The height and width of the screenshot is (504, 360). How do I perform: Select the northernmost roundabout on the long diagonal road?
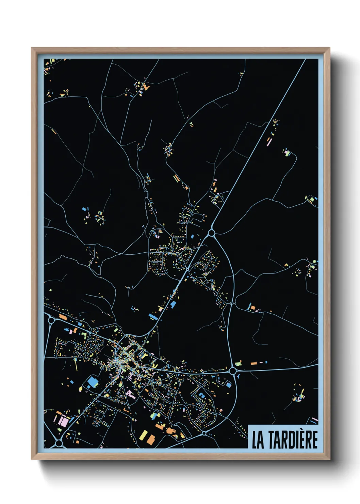pyautogui.click(x=211, y=233)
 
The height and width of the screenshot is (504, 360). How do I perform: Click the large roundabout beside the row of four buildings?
pyautogui.click(x=233, y=371)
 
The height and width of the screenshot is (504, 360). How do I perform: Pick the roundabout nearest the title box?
pyautogui.click(x=204, y=433)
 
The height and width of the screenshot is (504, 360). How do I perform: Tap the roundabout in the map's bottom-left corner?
pyautogui.click(x=59, y=443)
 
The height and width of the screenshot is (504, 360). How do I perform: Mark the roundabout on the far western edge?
pyautogui.click(x=51, y=320)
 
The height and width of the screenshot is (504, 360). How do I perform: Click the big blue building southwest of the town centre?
pyautogui.click(x=92, y=382)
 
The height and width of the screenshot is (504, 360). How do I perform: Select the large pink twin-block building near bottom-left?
pyautogui.click(x=63, y=421)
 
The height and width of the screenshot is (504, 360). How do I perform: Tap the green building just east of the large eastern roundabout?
pyautogui.click(x=238, y=363)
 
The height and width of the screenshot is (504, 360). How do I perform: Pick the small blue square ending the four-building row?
pyautogui.click(x=266, y=362)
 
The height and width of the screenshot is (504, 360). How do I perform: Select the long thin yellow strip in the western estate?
pyautogui.click(x=76, y=365)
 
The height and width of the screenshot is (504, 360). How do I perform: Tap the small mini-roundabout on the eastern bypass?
pyautogui.click(x=232, y=303)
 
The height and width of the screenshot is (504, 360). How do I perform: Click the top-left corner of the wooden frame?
pyautogui.click(x=32, y=48)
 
